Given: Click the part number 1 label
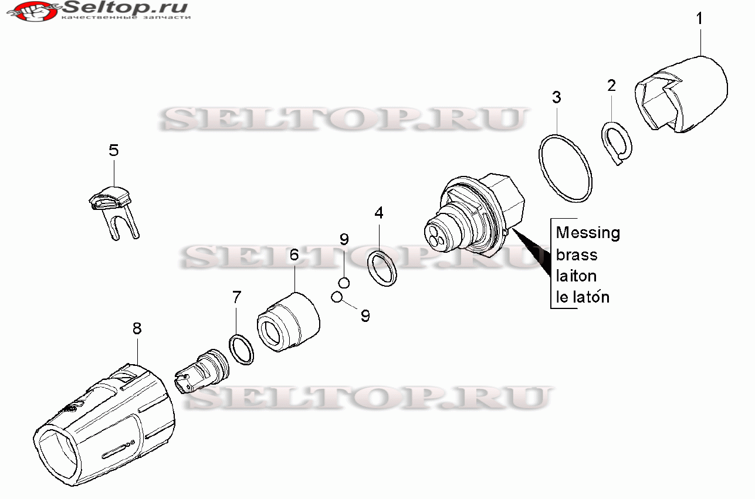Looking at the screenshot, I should coord(699,18).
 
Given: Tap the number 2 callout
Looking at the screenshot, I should coord(612,86).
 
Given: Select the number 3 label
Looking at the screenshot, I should coord(557,97).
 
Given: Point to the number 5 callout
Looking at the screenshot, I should coord(113,150).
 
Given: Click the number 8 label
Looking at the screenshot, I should coord(137,328).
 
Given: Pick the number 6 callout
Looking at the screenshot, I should coord(294,254).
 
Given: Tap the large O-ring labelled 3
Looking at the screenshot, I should coord(565,168).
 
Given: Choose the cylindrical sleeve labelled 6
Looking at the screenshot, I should coord(288,323).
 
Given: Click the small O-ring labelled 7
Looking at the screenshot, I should coord(241,349).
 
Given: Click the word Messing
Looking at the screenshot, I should coord(587,233).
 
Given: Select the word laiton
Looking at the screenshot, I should coord(576,276).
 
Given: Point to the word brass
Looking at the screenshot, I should coord(577,254).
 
